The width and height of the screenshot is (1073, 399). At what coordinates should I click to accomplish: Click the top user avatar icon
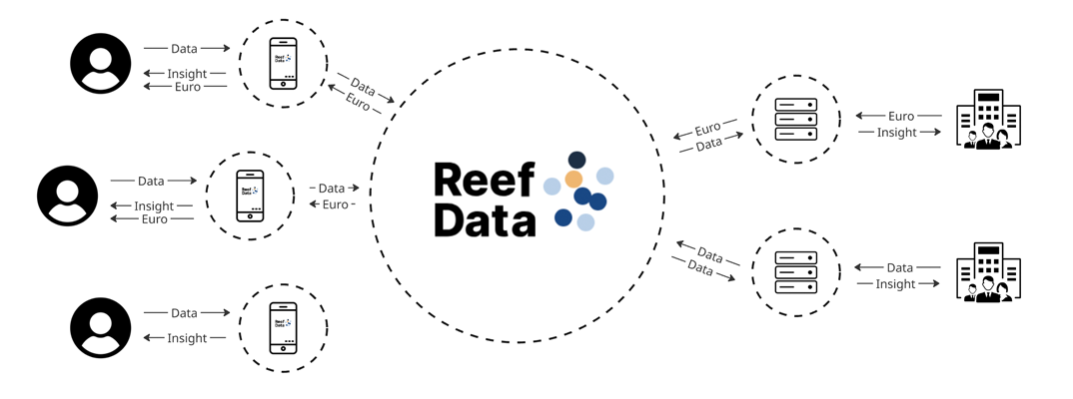click(x=101, y=63)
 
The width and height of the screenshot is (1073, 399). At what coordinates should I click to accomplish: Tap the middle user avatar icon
click(x=68, y=196)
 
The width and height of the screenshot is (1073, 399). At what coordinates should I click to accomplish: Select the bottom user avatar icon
click(x=101, y=327)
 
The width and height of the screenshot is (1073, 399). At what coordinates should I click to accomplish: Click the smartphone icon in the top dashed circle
click(x=284, y=64)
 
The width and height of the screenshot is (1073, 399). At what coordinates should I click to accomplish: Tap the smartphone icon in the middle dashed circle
click(x=250, y=196)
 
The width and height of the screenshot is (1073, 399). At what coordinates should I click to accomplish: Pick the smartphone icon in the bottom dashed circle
click(x=284, y=327)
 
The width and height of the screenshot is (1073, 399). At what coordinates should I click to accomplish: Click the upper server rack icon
click(x=796, y=120)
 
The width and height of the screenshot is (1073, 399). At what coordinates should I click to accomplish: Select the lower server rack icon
click(x=796, y=272)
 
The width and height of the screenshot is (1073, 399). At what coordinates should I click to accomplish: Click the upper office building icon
click(x=988, y=120)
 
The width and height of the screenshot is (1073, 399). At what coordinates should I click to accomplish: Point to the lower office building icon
click(x=988, y=272)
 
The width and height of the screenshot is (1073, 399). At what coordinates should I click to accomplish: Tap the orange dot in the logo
click(x=573, y=180)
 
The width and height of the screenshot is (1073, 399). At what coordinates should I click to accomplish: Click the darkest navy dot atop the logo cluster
click(x=576, y=160)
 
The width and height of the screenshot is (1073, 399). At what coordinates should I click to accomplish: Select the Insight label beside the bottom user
click(x=187, y=338)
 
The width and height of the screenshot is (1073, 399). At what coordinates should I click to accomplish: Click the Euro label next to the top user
click(x=187, y=87)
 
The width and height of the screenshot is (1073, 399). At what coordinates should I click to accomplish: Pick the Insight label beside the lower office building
click(x=895, y=284)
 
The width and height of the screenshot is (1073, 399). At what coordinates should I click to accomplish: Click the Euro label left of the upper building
click(x=900, y=116)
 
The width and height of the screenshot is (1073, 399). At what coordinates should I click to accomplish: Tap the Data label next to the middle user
click(x=151, y=181)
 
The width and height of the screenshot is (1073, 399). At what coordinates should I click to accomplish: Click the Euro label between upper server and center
click(x=708, y=129)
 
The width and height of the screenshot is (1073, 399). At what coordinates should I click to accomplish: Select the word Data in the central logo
click(x=485, y=219)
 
